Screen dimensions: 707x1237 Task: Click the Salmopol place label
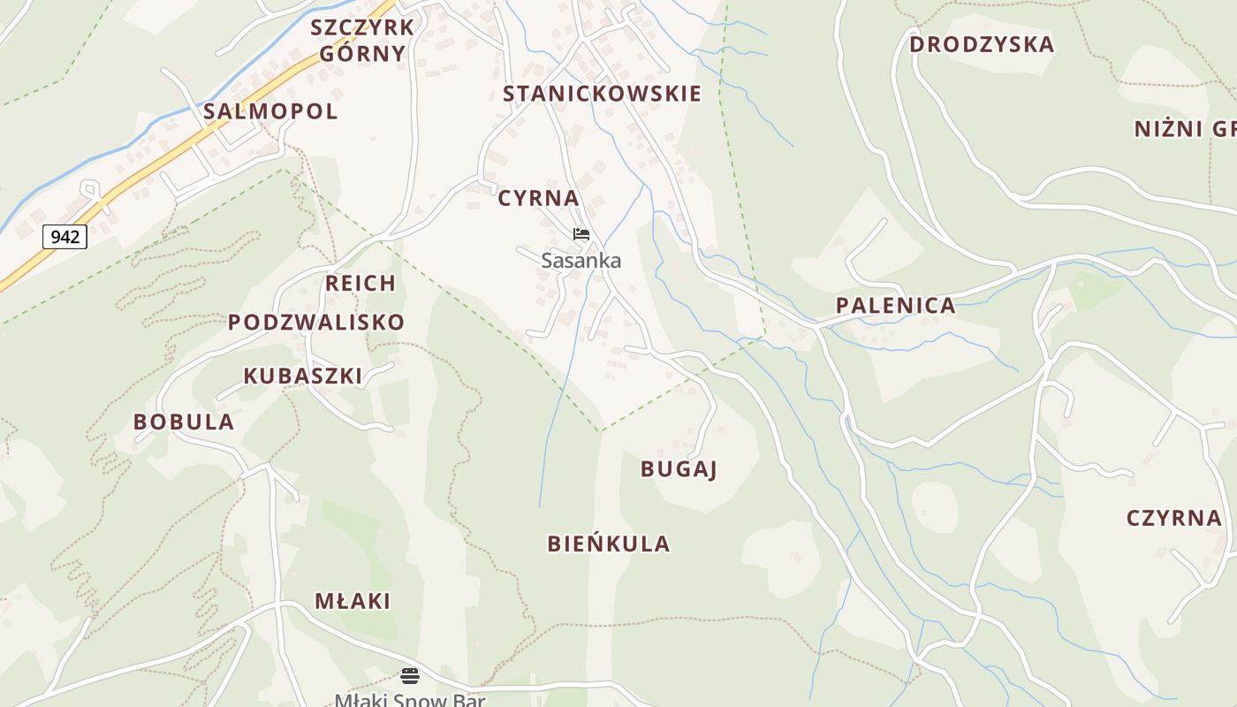click(270, 111)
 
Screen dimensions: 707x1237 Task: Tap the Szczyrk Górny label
click(362, 41)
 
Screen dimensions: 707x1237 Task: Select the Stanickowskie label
click(602, 94)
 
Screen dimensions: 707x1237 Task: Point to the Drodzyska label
click(981, 44)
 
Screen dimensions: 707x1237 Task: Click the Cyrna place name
click(538, 198)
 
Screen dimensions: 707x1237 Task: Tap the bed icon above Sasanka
click(581, 234)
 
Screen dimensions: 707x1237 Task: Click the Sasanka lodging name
click(581, 261)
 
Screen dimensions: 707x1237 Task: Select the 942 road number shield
click(65, 237)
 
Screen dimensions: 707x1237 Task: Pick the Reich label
click(360, 284)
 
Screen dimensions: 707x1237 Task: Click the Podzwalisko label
click(316, 322)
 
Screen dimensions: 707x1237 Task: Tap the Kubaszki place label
click(303, 376)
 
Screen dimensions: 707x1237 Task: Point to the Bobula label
click(184, 422)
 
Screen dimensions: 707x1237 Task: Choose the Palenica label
click(895, 306)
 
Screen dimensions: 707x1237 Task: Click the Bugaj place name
click(679, 468)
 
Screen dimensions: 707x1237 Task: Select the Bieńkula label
click(609, 544)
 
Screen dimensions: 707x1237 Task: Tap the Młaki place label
click(353, 601)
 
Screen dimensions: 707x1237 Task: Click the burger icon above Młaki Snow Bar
click(410, 676)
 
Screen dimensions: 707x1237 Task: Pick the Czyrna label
click(1173, 518)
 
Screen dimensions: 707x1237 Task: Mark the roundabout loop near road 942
click(89, 188)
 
